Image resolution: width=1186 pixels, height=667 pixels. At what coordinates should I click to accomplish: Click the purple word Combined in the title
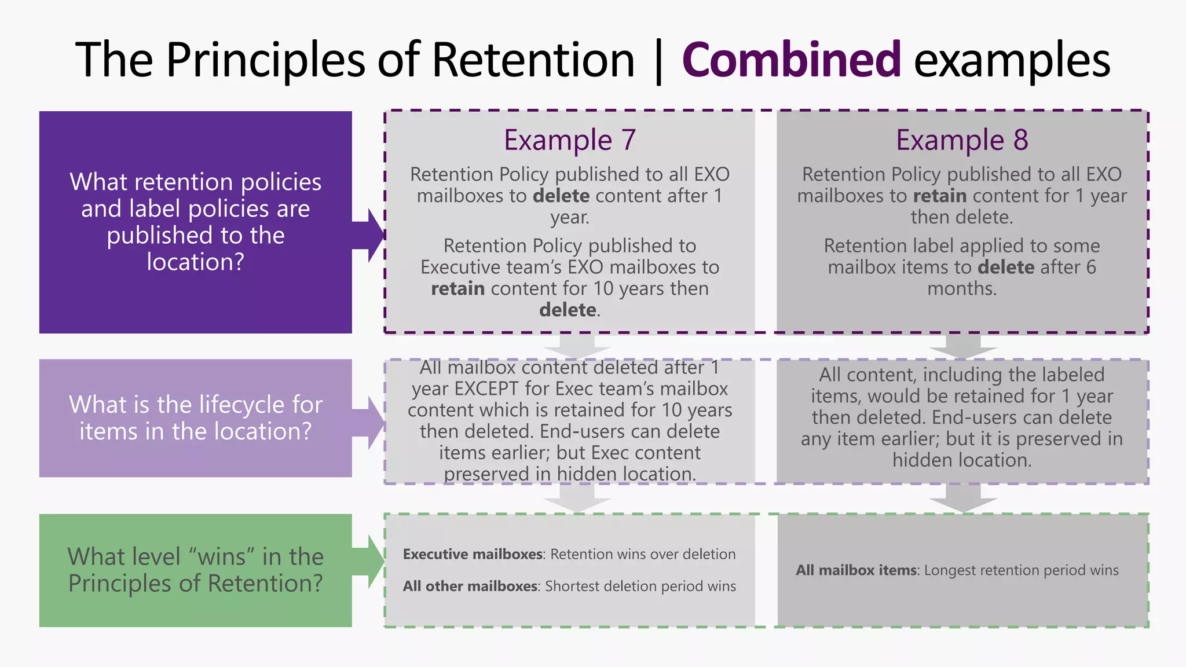(791, 60)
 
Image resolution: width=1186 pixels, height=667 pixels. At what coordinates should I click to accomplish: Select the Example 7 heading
(570, 140)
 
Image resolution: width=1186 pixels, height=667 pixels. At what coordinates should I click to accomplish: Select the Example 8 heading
(962, 140)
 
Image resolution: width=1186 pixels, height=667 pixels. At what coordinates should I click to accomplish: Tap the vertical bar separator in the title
(658, 61)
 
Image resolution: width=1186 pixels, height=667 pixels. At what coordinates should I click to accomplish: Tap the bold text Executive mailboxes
(473, 554)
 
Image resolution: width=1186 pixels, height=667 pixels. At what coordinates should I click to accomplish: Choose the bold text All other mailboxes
(470, 586)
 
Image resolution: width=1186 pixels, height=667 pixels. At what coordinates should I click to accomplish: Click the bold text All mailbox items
(856, 570)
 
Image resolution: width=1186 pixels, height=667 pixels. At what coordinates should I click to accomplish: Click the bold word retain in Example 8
(939, 196)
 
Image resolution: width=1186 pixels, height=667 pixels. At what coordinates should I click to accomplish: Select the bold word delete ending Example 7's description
(568, 310)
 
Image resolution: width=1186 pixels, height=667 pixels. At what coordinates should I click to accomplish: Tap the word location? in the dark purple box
(195, 262)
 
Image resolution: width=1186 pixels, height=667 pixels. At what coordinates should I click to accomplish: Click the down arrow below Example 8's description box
(962, 346)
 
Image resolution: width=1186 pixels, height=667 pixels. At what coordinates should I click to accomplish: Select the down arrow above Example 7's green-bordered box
(577, 498)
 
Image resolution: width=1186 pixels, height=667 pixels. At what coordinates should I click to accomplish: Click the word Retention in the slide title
(533, 60)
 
